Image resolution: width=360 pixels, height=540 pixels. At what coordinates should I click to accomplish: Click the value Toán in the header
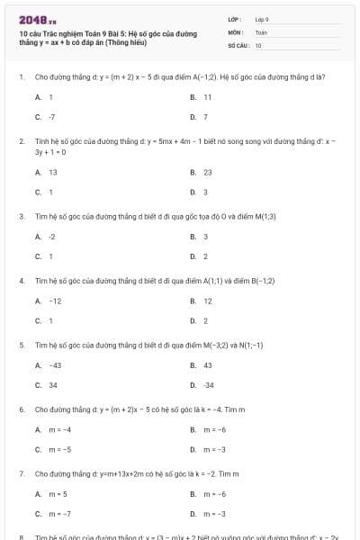click(x=261, y=31)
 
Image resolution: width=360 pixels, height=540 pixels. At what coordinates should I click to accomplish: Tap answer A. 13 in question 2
click(x=46, y=172)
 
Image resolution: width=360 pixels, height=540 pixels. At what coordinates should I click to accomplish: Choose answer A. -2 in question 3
click(x=45, y=237)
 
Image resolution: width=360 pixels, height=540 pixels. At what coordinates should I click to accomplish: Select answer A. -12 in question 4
click(x=48, y=301)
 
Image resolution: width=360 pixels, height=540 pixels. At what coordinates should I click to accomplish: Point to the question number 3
click(x=21, y=216)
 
